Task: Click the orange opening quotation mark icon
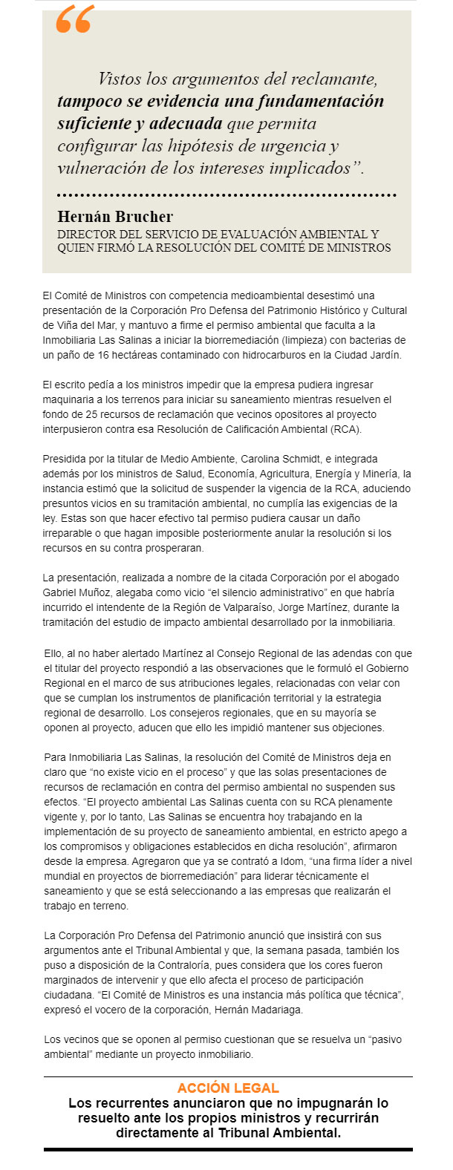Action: tap(74, 20)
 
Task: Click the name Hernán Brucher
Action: tap(115, 217)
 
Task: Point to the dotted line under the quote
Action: tap(226, 195)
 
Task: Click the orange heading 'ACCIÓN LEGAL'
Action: tap(228, 1088)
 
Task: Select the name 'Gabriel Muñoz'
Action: tap(76, 592)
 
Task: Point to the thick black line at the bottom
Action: tap(228, 1149)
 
